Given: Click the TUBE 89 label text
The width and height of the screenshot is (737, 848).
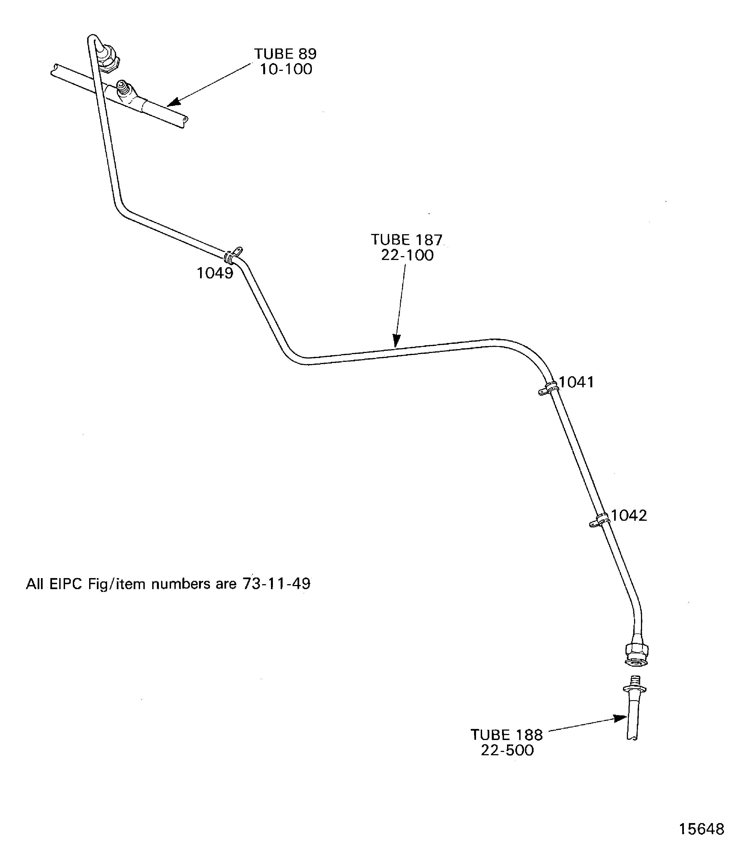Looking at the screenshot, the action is (285, 54).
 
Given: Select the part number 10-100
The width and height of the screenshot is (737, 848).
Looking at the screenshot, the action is (286, 69).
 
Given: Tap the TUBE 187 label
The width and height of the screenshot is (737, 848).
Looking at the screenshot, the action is (407, 240).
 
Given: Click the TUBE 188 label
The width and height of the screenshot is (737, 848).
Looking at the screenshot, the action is (507, 735).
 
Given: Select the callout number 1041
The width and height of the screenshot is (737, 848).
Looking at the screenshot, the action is (576, 383).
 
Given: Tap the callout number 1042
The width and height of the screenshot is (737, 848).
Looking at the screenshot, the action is (629, 515).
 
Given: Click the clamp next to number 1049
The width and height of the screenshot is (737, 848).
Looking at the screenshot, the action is (234, 255).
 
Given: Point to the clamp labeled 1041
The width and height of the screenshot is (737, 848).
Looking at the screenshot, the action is (548, 388).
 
